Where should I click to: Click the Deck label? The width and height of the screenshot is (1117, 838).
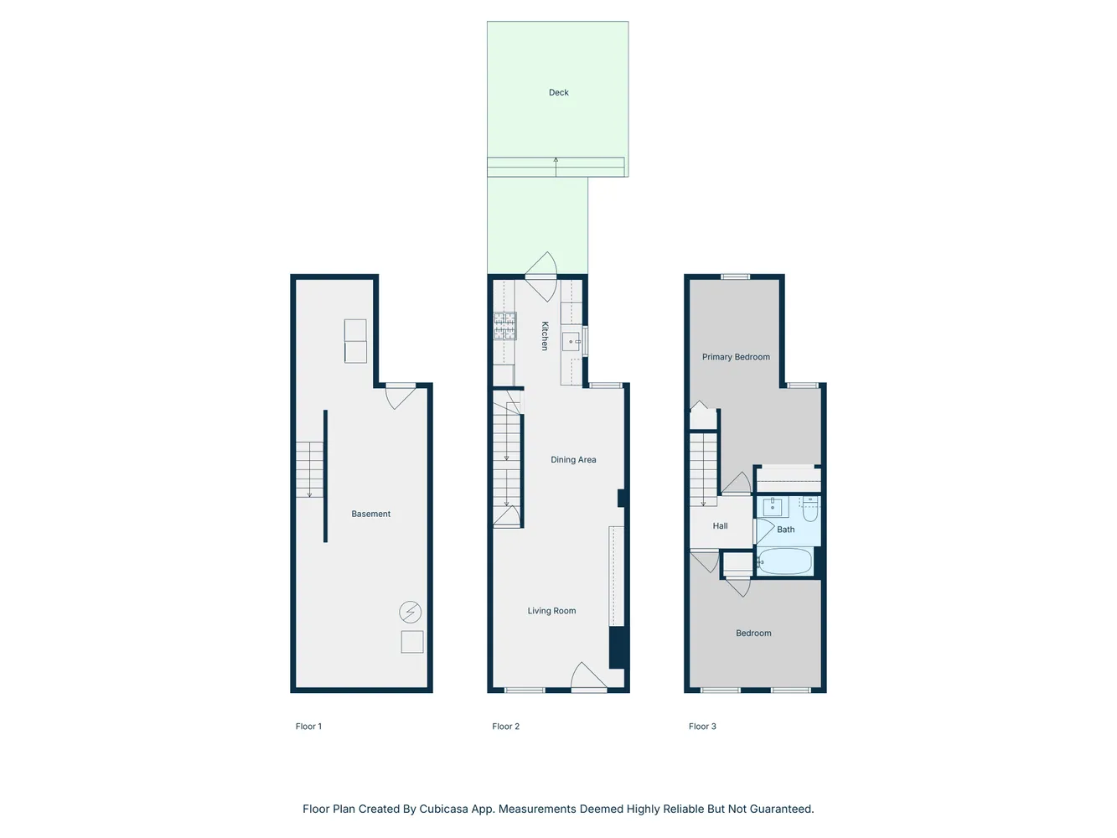[558, 93]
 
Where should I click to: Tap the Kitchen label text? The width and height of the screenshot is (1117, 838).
[545, 335]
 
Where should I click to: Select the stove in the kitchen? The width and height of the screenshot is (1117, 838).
[504, 326]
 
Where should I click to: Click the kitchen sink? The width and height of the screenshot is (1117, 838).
[571, 341]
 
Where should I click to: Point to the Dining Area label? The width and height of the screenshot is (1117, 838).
[573, 460]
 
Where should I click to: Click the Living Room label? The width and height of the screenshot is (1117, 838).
[551, 611]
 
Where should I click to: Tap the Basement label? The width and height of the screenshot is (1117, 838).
[370, 515]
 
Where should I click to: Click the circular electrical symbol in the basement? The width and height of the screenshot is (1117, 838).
[410, 613]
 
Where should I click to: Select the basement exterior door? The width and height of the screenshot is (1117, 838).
[399, 395]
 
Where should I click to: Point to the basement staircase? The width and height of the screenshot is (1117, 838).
[309, 469]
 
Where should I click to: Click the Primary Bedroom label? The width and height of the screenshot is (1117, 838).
[736, 357]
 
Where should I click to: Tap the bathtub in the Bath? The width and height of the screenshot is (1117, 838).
[785, 561]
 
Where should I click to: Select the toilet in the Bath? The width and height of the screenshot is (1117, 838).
[809, 508]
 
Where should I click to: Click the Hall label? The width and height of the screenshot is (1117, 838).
[720, 526]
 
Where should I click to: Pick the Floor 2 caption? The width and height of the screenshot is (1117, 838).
[505, 727]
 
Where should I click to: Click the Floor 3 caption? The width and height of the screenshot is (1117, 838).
[702, 727]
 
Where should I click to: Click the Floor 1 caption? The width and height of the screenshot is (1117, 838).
[308, 727]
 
